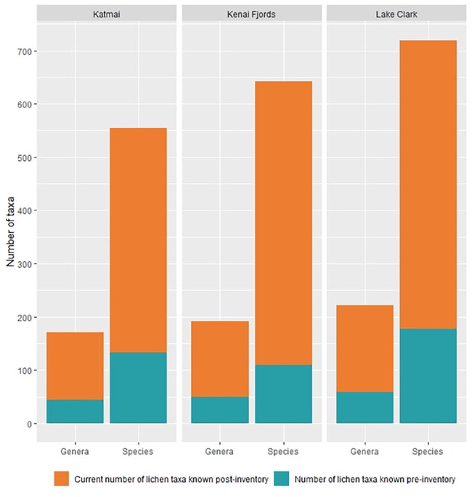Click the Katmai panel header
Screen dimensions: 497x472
106,14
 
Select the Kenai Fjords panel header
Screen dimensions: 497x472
251,14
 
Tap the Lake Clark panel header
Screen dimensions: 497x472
396,14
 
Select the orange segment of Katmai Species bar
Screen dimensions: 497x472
138,240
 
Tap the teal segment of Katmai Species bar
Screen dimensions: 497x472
138,388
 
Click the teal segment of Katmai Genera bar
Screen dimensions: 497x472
75,411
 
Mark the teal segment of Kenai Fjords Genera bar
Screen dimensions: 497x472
220,410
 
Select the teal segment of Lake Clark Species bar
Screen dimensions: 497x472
428,376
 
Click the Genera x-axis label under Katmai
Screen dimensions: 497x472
75,452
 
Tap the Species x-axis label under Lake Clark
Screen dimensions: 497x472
428,452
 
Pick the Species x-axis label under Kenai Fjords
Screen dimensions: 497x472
283,452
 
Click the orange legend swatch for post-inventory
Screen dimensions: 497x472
62,479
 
